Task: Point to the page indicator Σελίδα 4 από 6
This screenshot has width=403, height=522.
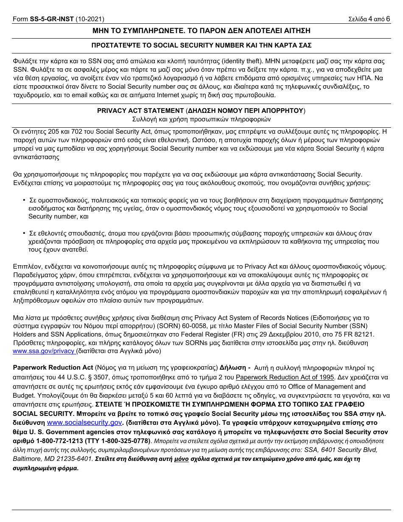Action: tap(369, 19)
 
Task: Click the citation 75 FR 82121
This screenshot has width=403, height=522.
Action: tap(352, 334)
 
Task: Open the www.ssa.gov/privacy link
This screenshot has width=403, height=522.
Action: tap(44, 351)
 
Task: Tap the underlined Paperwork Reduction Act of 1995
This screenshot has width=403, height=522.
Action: tap(285, 377)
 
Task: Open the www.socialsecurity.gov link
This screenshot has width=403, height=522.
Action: tap(84, 423)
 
